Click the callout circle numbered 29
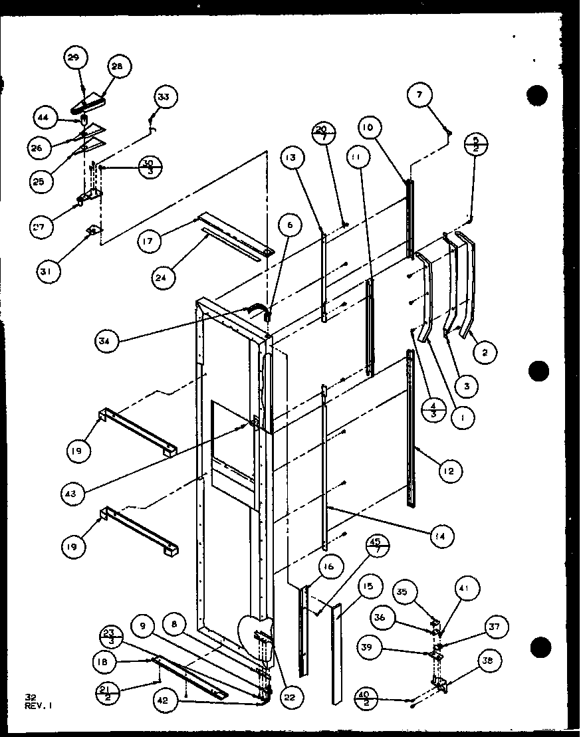74,58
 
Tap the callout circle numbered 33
164,97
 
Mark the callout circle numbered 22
290,696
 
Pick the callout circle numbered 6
289,226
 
